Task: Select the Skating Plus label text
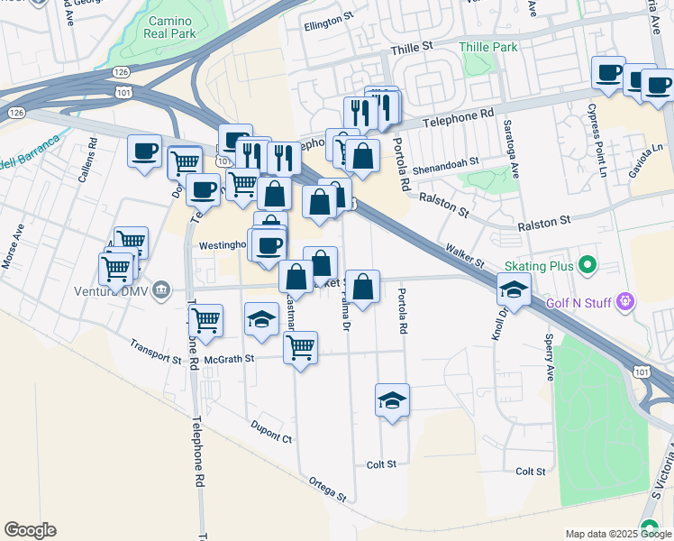539,265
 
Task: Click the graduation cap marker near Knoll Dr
514,289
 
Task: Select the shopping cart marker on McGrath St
300,347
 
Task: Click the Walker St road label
465,254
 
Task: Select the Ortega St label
327,489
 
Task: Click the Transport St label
154,351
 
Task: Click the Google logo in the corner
30,530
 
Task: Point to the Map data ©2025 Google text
617,534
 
